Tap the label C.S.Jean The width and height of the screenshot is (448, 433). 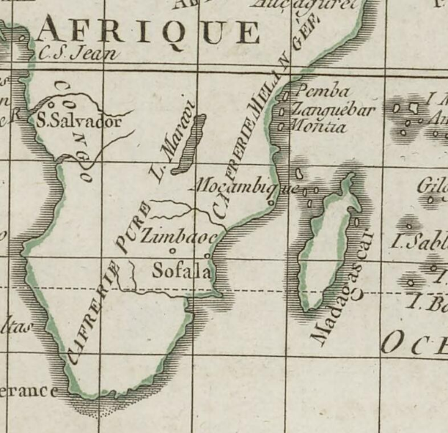[76, 52]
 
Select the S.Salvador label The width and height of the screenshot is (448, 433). [78, 122]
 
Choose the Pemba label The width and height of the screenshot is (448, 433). [322, 92]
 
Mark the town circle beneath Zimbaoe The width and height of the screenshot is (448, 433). [173, 250]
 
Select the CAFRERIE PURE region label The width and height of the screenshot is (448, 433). [108, 288]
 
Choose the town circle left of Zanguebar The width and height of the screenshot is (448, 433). [283, 111]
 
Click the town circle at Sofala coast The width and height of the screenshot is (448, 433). [208, 255]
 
